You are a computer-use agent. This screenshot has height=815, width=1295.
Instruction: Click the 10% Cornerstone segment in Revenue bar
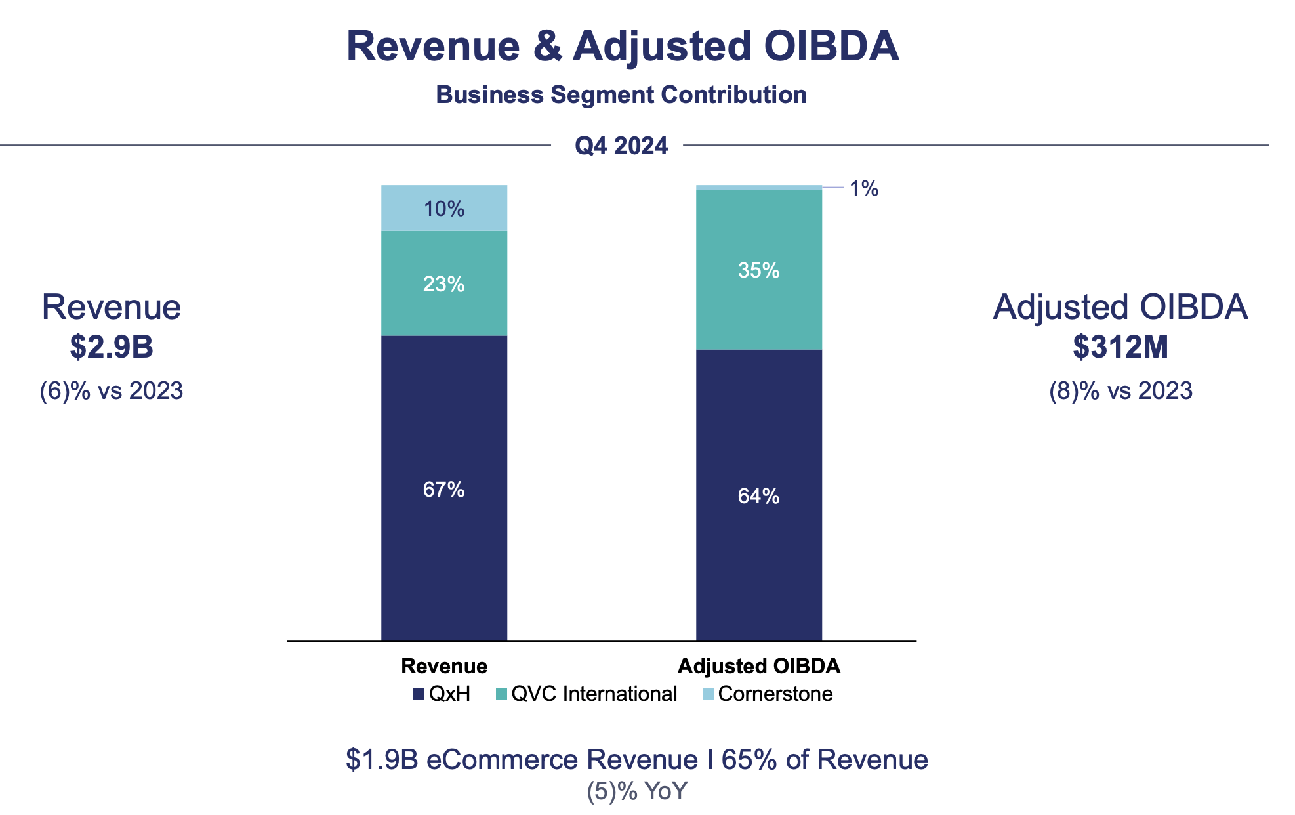(x=444, y=209)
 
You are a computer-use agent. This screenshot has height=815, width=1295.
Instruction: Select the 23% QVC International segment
(x=444, y=283)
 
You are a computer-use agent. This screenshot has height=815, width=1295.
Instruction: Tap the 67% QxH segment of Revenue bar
(x=444, y=489)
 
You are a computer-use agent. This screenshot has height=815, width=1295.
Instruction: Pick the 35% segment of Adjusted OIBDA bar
(x=758, y=270)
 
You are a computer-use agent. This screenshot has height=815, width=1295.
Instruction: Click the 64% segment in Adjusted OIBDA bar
(x=758, y=495)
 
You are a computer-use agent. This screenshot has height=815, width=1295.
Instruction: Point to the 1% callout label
(x=863, y=189)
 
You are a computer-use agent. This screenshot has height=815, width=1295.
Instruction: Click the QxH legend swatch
(x=419, y=694)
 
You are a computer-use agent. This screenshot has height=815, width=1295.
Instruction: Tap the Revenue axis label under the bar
(x=444, y=666)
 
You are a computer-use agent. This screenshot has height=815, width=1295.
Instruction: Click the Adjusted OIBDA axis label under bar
(x=758, y=666)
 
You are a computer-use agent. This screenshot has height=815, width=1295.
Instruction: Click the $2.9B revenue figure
(x=112, y=346)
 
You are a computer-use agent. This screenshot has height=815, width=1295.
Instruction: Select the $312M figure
(x=1120, y=346)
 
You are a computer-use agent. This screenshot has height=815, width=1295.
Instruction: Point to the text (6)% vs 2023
(x=112, y=390)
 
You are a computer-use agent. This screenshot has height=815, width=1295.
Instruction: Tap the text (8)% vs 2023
(x=1120, y=390)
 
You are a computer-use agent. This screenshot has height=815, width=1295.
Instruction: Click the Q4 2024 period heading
(x=621, y=145)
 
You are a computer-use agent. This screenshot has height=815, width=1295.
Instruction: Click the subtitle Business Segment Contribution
(x=621, y=94)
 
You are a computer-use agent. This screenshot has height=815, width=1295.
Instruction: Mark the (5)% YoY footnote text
(x=636, y=791)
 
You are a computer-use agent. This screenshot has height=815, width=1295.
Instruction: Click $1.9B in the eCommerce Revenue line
(x=382, y=759)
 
